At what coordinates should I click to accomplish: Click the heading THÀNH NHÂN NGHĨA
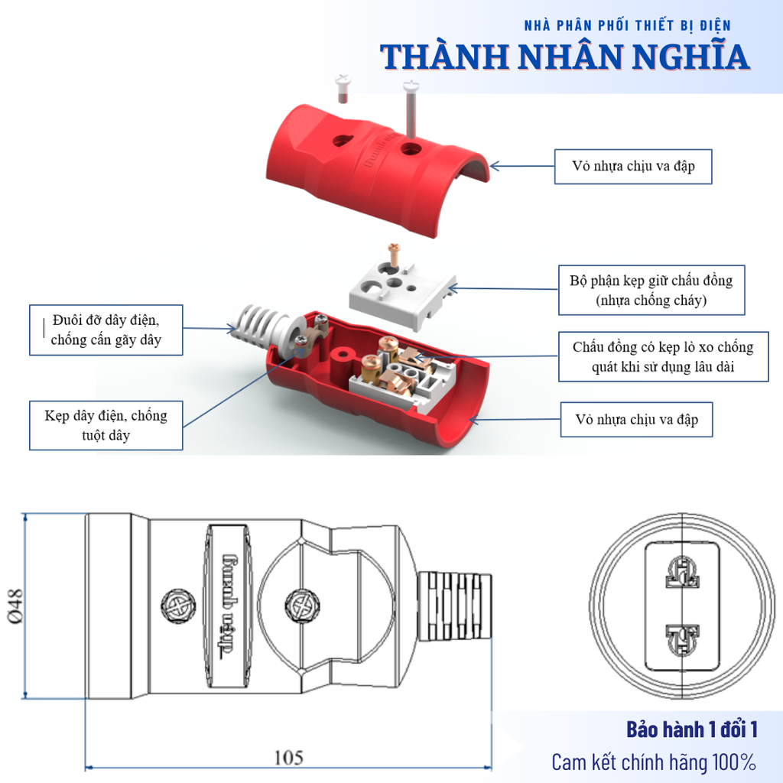(x=564, y=57)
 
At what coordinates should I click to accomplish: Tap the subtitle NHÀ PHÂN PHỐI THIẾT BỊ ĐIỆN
(x=627, y=25)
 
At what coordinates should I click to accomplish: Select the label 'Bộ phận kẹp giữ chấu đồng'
(x=651, y=291)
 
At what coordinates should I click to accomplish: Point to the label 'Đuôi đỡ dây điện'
(x=106, y=330)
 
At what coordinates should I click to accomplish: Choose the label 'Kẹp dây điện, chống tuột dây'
(x=106, y=425)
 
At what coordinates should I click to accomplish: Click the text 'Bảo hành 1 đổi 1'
(x=691, y=729)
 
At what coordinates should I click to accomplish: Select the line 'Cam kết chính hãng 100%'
(x=654, y=762)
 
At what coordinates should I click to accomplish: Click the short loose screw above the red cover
(x=343, y=88)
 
